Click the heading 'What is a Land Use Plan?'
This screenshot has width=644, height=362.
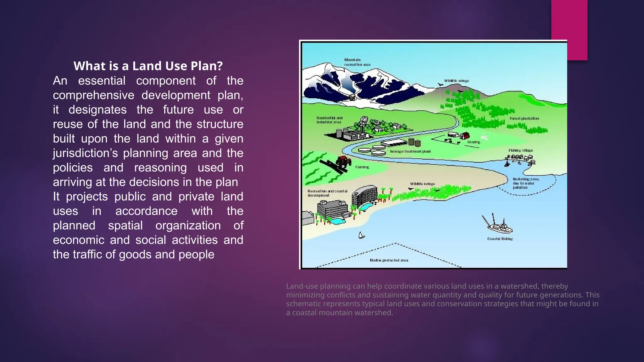tap(148, 66)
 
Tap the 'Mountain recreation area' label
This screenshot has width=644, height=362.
tap(357, 62)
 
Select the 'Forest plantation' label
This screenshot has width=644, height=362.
tap(524, 118)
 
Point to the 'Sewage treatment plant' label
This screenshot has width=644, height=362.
tap(410, 151)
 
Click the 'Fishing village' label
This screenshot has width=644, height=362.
tap(520, 151)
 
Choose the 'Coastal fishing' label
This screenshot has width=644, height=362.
tap(500, 239)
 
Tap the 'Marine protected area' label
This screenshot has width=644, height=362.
tap(389, 260)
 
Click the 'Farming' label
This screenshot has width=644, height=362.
tap(362, 167)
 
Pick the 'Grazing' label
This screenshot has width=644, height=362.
tap(474, 142)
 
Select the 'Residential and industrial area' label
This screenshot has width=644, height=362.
tap(329, 120)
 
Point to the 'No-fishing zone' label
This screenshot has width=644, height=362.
tap(526, 183)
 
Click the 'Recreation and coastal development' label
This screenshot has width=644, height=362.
tap(327, 193)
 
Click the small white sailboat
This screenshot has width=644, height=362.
tap(361, 235)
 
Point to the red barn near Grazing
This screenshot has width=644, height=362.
tap(464, 136)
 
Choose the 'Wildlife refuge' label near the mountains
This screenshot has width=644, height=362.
tap(456, 81)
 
